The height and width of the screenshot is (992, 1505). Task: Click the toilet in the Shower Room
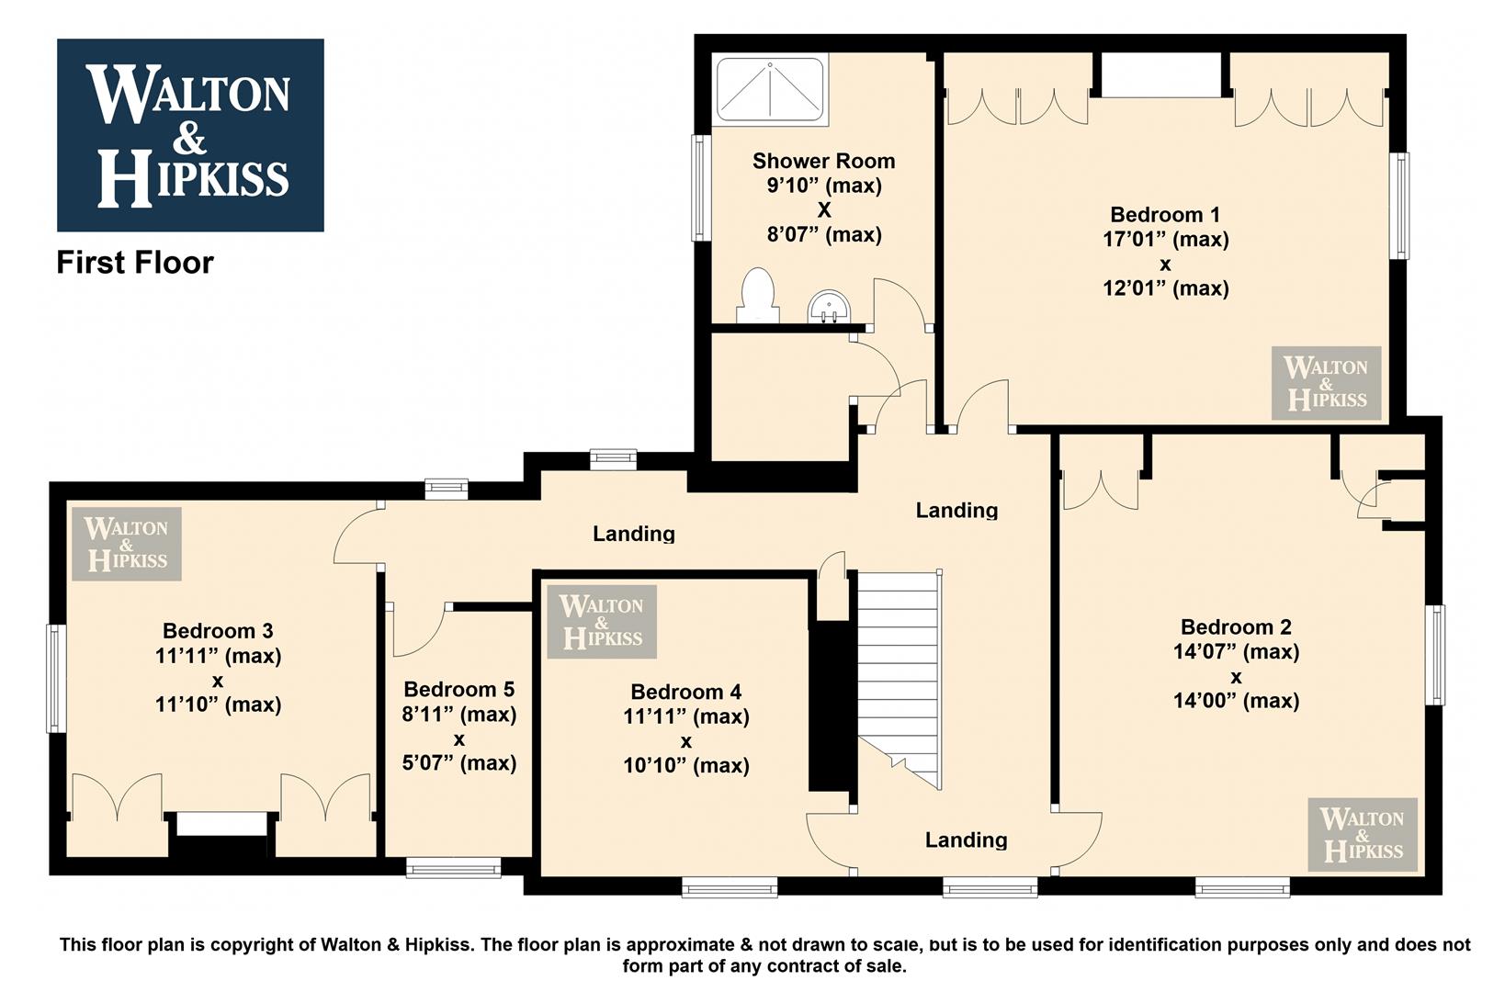coord(759,296)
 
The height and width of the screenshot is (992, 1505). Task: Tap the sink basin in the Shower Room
coord(829,307)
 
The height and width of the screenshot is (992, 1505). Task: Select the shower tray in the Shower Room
coord(770,89)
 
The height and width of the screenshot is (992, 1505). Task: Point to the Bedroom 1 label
coord(1165,215)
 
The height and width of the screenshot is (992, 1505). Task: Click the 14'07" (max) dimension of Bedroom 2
coord(1237,651)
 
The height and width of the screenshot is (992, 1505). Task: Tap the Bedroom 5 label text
coord(458,689)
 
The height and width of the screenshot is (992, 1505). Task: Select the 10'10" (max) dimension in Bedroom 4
coord(686,765)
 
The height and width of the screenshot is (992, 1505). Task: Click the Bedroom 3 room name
coord(218,631)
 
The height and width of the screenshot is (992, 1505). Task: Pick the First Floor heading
coord(135,263)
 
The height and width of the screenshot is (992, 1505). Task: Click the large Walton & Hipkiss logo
coord(190,135)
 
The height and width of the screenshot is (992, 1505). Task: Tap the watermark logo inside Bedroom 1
coord(1326,383)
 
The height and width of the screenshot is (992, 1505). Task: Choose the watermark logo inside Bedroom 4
coord(601,621)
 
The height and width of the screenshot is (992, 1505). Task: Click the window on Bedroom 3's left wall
coord(56,679)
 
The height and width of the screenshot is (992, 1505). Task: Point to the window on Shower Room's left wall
coord(701,188)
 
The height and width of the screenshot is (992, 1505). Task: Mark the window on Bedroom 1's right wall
coord(1398,206)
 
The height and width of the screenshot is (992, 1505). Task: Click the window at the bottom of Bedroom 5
coord(454,868)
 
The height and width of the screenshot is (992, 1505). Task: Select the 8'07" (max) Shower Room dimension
coord(824,234)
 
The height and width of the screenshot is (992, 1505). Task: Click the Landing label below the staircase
coord(967,840)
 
